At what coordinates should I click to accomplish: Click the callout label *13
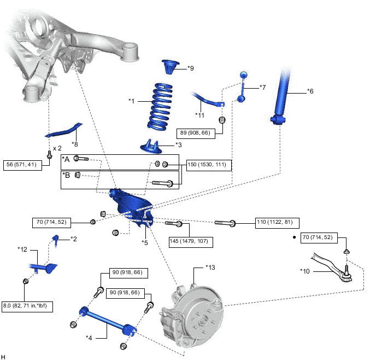(x=210, y=268)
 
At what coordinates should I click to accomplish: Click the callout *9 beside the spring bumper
(x=190, y=68)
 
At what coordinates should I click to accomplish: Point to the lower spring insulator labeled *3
(x=152, y=146)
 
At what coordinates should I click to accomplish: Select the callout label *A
(x=66, y=159)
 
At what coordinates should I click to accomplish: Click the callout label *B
(x=66, y=175)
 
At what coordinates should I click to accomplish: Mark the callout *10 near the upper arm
(x=304, y=270)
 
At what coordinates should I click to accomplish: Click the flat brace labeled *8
(x=63, y=131)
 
